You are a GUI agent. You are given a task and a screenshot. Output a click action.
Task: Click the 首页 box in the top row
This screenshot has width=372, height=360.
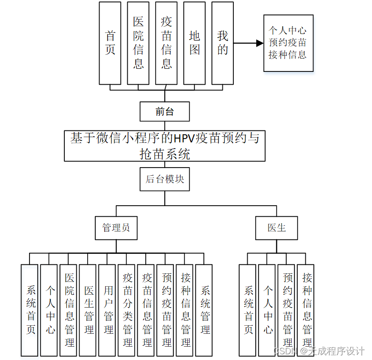click(110, 43)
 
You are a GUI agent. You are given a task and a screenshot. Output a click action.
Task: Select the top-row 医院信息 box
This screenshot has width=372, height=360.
click(138, 43)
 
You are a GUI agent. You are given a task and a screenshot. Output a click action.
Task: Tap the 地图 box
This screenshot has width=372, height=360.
click(194, 43)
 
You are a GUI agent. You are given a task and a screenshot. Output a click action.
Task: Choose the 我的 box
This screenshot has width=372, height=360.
click(222, 43)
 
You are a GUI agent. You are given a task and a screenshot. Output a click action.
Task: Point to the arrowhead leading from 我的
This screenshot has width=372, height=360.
click(260, 43)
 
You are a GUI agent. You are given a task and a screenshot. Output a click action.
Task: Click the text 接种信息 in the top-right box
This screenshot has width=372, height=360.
click(288, 54)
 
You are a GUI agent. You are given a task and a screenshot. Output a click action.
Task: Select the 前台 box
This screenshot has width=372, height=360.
click(165, 112)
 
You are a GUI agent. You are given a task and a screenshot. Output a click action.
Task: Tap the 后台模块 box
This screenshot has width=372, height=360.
click(165, 180)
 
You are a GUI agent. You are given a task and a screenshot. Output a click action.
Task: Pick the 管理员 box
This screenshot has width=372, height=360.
click(116, 228)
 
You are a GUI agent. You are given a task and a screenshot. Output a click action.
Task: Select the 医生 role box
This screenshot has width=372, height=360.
click(277, 228)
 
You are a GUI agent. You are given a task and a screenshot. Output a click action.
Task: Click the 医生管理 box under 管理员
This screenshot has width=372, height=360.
click(89, 310)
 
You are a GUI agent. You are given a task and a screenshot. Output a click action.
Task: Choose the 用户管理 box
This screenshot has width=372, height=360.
click(109, 310)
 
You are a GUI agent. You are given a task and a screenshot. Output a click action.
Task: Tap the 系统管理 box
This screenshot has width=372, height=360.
click(205, 310)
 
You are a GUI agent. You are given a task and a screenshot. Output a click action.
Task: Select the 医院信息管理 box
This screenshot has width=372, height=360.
click(70, 310)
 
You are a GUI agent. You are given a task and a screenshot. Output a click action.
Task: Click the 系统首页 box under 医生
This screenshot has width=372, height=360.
click(249, 310)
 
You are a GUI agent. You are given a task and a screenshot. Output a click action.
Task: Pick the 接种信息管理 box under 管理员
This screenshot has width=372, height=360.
click(186, 310)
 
